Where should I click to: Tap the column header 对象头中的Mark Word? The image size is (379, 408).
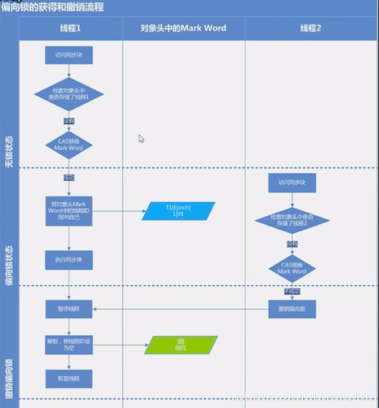183,28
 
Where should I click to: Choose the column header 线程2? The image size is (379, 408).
311,28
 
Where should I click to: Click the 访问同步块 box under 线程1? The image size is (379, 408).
69,56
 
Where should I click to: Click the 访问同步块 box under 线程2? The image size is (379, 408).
292,183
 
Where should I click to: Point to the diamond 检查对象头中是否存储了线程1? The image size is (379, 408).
69,95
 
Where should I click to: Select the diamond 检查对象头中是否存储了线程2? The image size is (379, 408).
292,220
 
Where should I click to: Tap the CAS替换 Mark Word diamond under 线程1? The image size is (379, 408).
69,145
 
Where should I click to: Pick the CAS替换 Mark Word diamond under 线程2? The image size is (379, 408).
292,268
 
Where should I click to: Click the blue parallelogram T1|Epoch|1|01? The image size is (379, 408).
178,211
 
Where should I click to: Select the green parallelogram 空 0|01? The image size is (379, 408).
181,345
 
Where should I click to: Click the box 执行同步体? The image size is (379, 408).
69,260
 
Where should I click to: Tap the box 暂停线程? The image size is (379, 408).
69,309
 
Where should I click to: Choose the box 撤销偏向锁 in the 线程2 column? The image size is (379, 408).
292,309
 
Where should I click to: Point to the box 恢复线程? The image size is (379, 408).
69,378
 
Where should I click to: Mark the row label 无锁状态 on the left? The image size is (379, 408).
8,151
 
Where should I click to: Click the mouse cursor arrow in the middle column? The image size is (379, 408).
141,139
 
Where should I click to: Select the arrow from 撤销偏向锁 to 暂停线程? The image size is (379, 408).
181,309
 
